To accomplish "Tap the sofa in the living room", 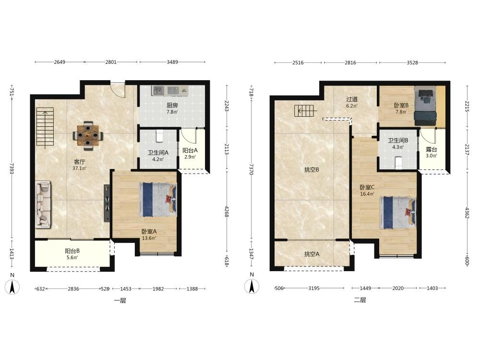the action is click(43, 204).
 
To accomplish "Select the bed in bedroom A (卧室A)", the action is click(158, 200).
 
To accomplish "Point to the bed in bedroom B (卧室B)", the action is click(425, 106).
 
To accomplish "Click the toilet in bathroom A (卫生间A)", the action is click(159, 136).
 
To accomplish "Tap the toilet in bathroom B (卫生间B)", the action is click(398, 163).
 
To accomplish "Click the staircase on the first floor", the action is click(45, 128).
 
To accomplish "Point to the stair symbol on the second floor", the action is click(304, 110).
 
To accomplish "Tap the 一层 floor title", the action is click(120, 300).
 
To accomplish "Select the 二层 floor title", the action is click(360, 300).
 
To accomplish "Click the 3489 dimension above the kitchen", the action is click(172, 62).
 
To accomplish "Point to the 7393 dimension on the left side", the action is click(12, 168).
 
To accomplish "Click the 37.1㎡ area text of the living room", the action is click(79, 168).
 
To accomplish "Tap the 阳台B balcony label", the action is click(72, 251).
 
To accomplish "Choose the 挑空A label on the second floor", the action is click(312, 254).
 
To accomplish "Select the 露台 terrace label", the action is click(432, 150).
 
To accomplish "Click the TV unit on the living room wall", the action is click(107, 203).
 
